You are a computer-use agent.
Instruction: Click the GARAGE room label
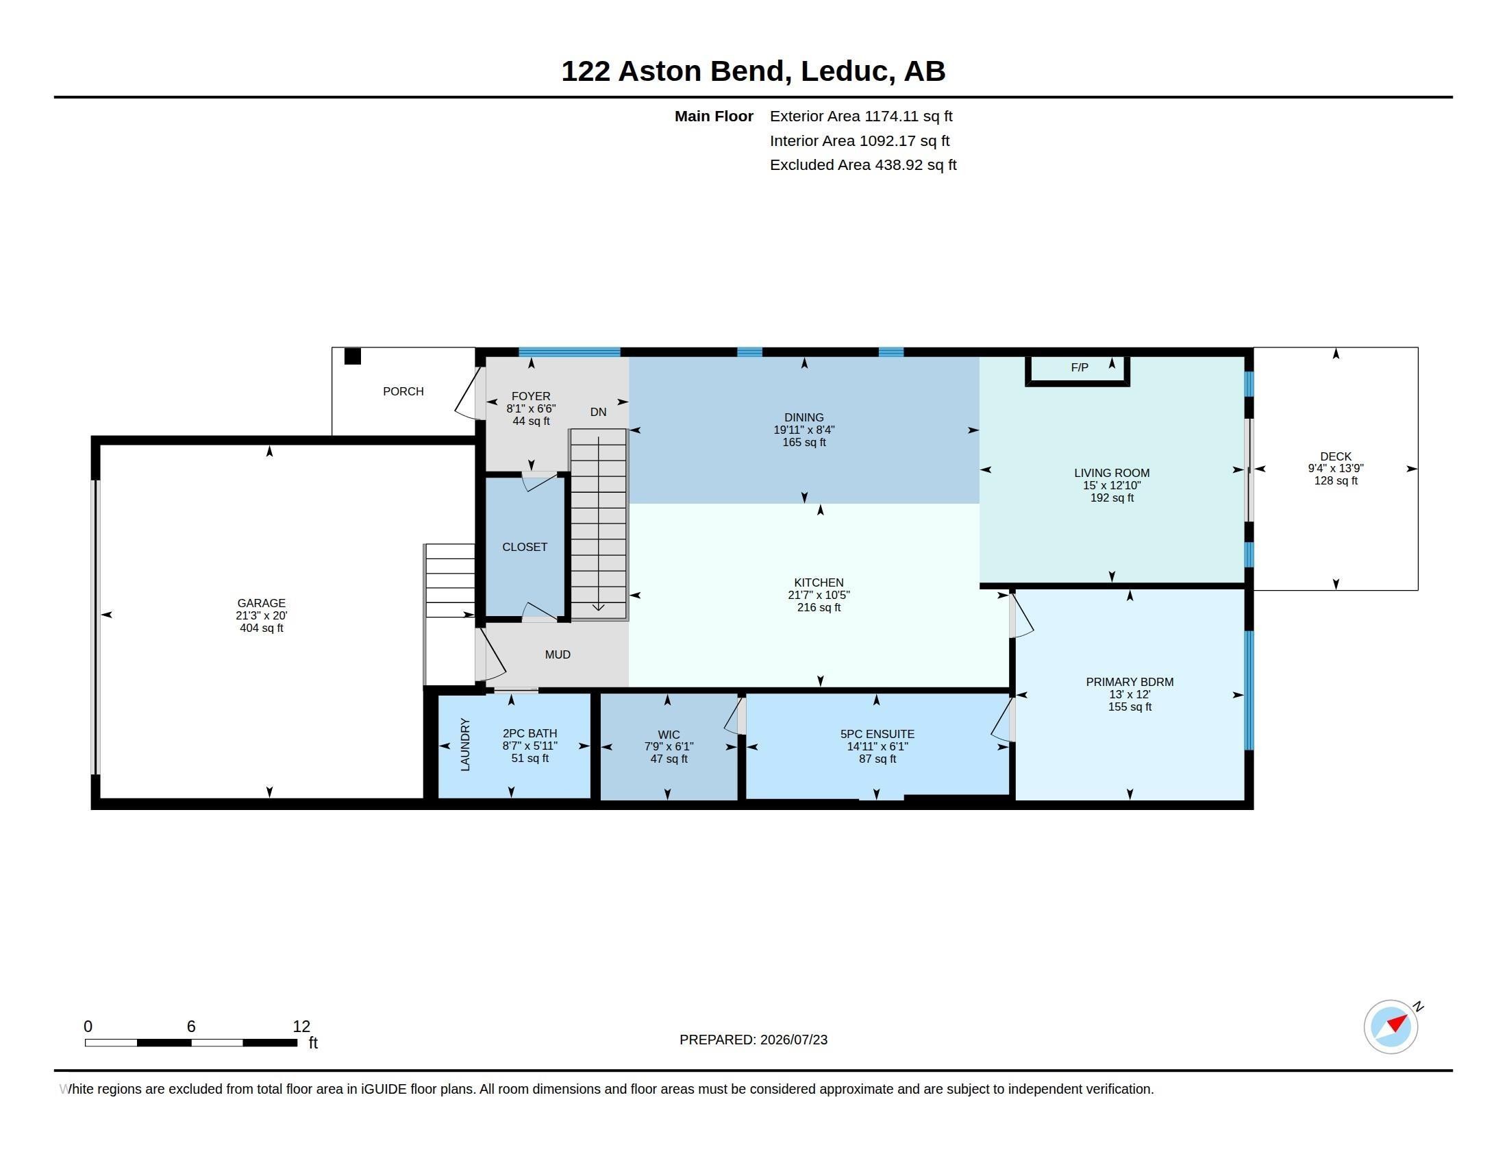(x=261, y=603)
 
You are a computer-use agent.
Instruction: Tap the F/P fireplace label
(x=1080, y=368)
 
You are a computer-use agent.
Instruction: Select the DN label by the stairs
(x=598, y=412)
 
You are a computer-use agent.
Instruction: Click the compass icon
(x=1391, y=1027)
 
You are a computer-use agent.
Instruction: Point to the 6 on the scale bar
(x=191, y=1027)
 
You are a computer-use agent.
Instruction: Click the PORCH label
(x=403, y=391)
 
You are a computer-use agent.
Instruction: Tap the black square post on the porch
(x=353, y=356)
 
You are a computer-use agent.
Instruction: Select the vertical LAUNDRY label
(x=465, y=745)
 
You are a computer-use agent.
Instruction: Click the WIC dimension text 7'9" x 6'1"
(x=669, y=747)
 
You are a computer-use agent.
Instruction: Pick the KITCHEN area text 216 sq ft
(x=819, y=607)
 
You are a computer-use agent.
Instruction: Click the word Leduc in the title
(x=844, y=71)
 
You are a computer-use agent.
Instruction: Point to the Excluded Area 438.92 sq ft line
(x=863, y=165)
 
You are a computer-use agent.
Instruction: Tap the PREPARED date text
(x=754, y=1040)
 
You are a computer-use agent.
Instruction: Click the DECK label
(x=1336, y=456)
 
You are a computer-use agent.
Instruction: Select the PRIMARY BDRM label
(x=1130, y=682)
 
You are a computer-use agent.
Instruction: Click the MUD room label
(x=558, y=654)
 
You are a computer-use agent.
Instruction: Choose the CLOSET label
(x=525, y=547)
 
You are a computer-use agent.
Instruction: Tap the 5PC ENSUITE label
(x=877, y=735)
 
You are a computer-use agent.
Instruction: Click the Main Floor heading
(x=714, y=116)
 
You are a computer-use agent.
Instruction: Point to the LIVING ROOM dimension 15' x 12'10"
(x=1112, y=485)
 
